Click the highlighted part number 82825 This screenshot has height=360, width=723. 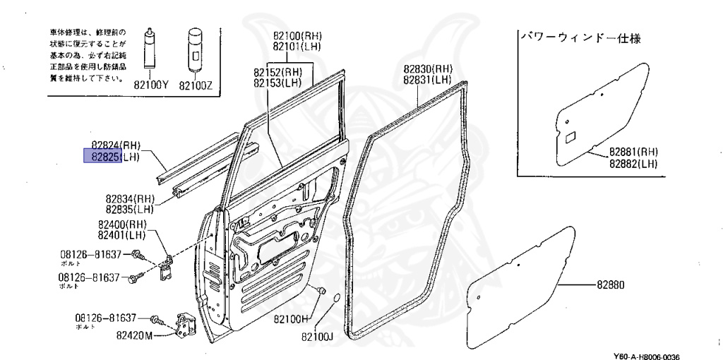click(103, 157)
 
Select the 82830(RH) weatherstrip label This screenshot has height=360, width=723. click(428, 69)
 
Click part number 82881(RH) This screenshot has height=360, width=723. click(633, 152)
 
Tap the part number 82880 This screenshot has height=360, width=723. click(611, 285)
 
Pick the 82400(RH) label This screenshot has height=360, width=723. click(121, 224)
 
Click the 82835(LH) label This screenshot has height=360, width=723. click(130, 210)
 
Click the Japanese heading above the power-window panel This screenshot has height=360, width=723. click(580, 38)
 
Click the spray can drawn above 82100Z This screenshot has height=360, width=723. click(194, 52)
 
